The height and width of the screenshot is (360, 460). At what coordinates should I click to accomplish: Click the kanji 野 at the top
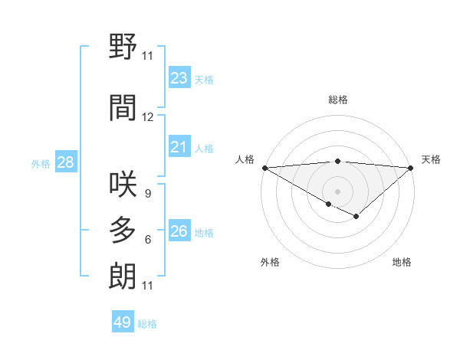pyautogui.click(x=123, y=48)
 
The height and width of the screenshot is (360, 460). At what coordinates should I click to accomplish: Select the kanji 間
pyautogui.click(x=123, y=108)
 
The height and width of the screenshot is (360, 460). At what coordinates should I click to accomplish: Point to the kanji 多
pyautogui.click(x=123, y=231)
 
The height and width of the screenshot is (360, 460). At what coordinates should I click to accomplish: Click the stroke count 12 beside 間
pyautogui.click(x=148, y=117)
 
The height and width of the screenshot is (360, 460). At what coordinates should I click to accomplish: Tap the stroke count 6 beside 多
pyautogui.click(x=147, y=240)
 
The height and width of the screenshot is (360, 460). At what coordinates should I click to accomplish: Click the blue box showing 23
pyautogui.click(x=179, y=78)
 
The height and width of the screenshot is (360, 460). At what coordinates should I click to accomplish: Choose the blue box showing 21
pyautogui.click(x=179, y=147)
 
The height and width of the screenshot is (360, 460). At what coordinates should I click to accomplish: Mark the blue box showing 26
pyautogui.click(x=179, y=231)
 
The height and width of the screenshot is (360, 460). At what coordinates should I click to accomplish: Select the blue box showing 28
pyautogui.click(x=65, y=162)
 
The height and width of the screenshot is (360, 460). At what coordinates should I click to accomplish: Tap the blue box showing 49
pyautogui.click(x=122, y=322)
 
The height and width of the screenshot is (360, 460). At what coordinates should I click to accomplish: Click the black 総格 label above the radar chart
pyautogui.click(x=337, y=100)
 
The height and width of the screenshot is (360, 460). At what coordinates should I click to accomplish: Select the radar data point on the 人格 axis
pyautogui.click(x=264, y=168)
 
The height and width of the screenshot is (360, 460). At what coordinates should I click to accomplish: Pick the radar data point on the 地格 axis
pyautogui.click(x=356, y=217)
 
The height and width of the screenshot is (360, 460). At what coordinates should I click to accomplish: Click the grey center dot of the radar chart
pyautogui.click(x=337, y=191)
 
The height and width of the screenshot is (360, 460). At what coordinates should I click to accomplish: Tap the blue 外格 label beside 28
pyautogui.click(x=40, y=163)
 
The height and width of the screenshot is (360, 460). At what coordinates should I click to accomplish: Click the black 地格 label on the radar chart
pyautogui.click(x=402, y=262)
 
